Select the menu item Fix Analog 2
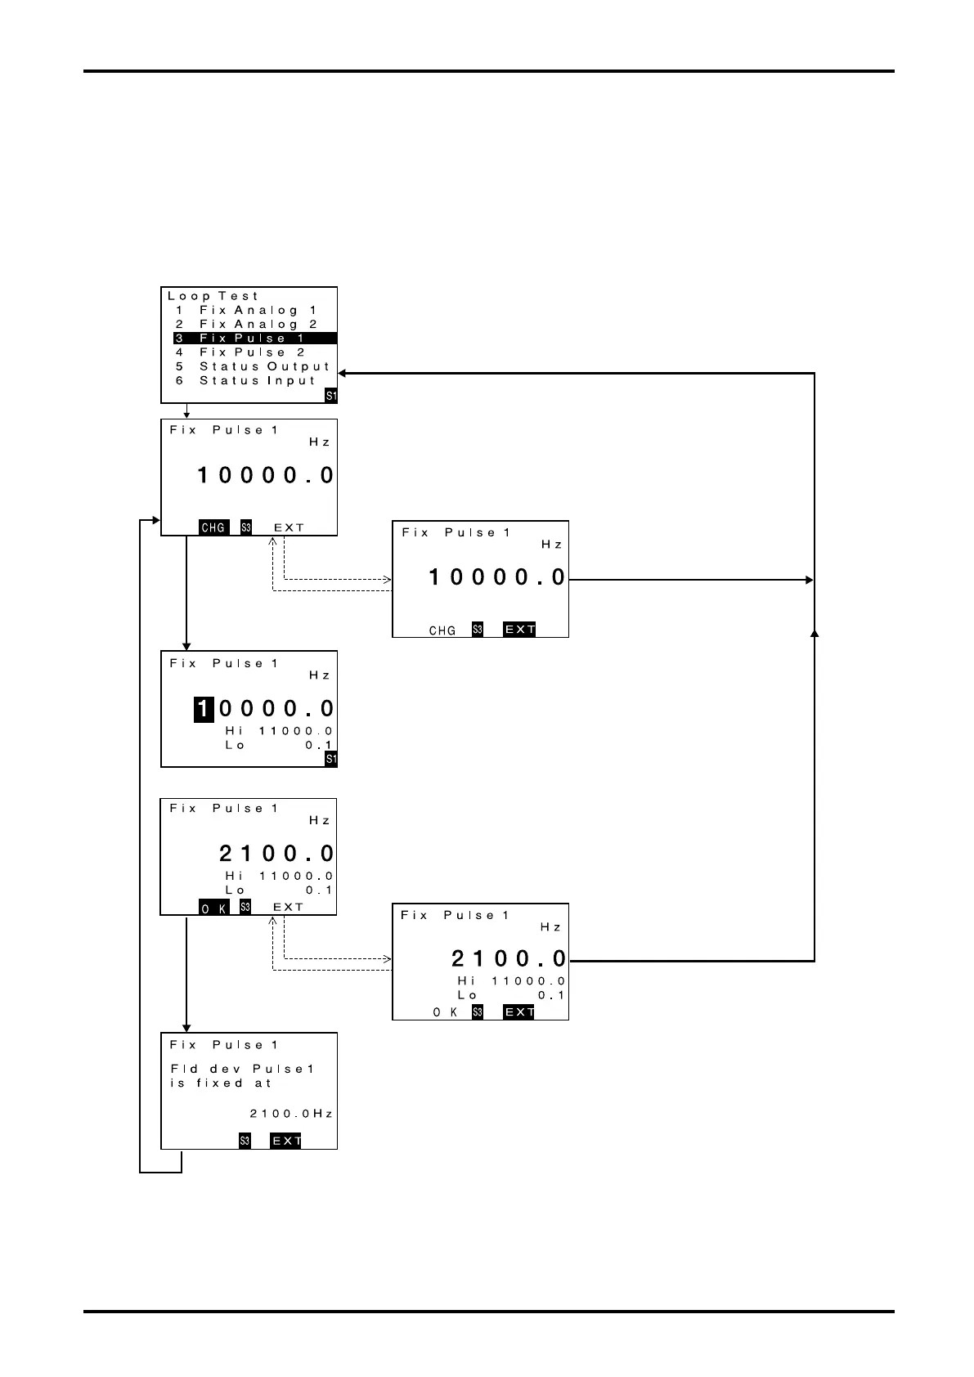(x=258, y=325)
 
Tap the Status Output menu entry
(x=264, y=367)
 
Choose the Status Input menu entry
(x=258, y=381)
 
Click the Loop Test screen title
(x=213, y=296)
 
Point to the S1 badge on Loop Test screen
(x=330, y=396)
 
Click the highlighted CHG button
(x=213, y=527)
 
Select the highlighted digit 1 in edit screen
(x=203, y=709)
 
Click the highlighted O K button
(x=214, y=908)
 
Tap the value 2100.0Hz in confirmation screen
(x=290, y=1114)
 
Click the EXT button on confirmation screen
(x=285, y=1141)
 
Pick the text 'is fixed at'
(x=221, y=1083)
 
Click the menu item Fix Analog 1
(x=258, y=311)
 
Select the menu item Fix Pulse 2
(x=252, y=352)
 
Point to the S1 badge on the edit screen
(x=330, y=760)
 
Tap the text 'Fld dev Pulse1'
(x=242, y=1069)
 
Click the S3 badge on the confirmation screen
(x=245, y=1141)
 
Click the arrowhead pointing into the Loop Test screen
(x=343, y=374)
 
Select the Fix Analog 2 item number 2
(x=179, y=325)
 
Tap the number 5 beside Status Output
(x=179, y=367)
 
